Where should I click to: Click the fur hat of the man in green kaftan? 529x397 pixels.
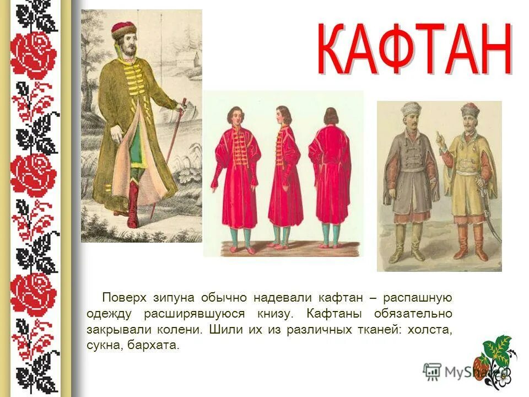click(123, 29)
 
